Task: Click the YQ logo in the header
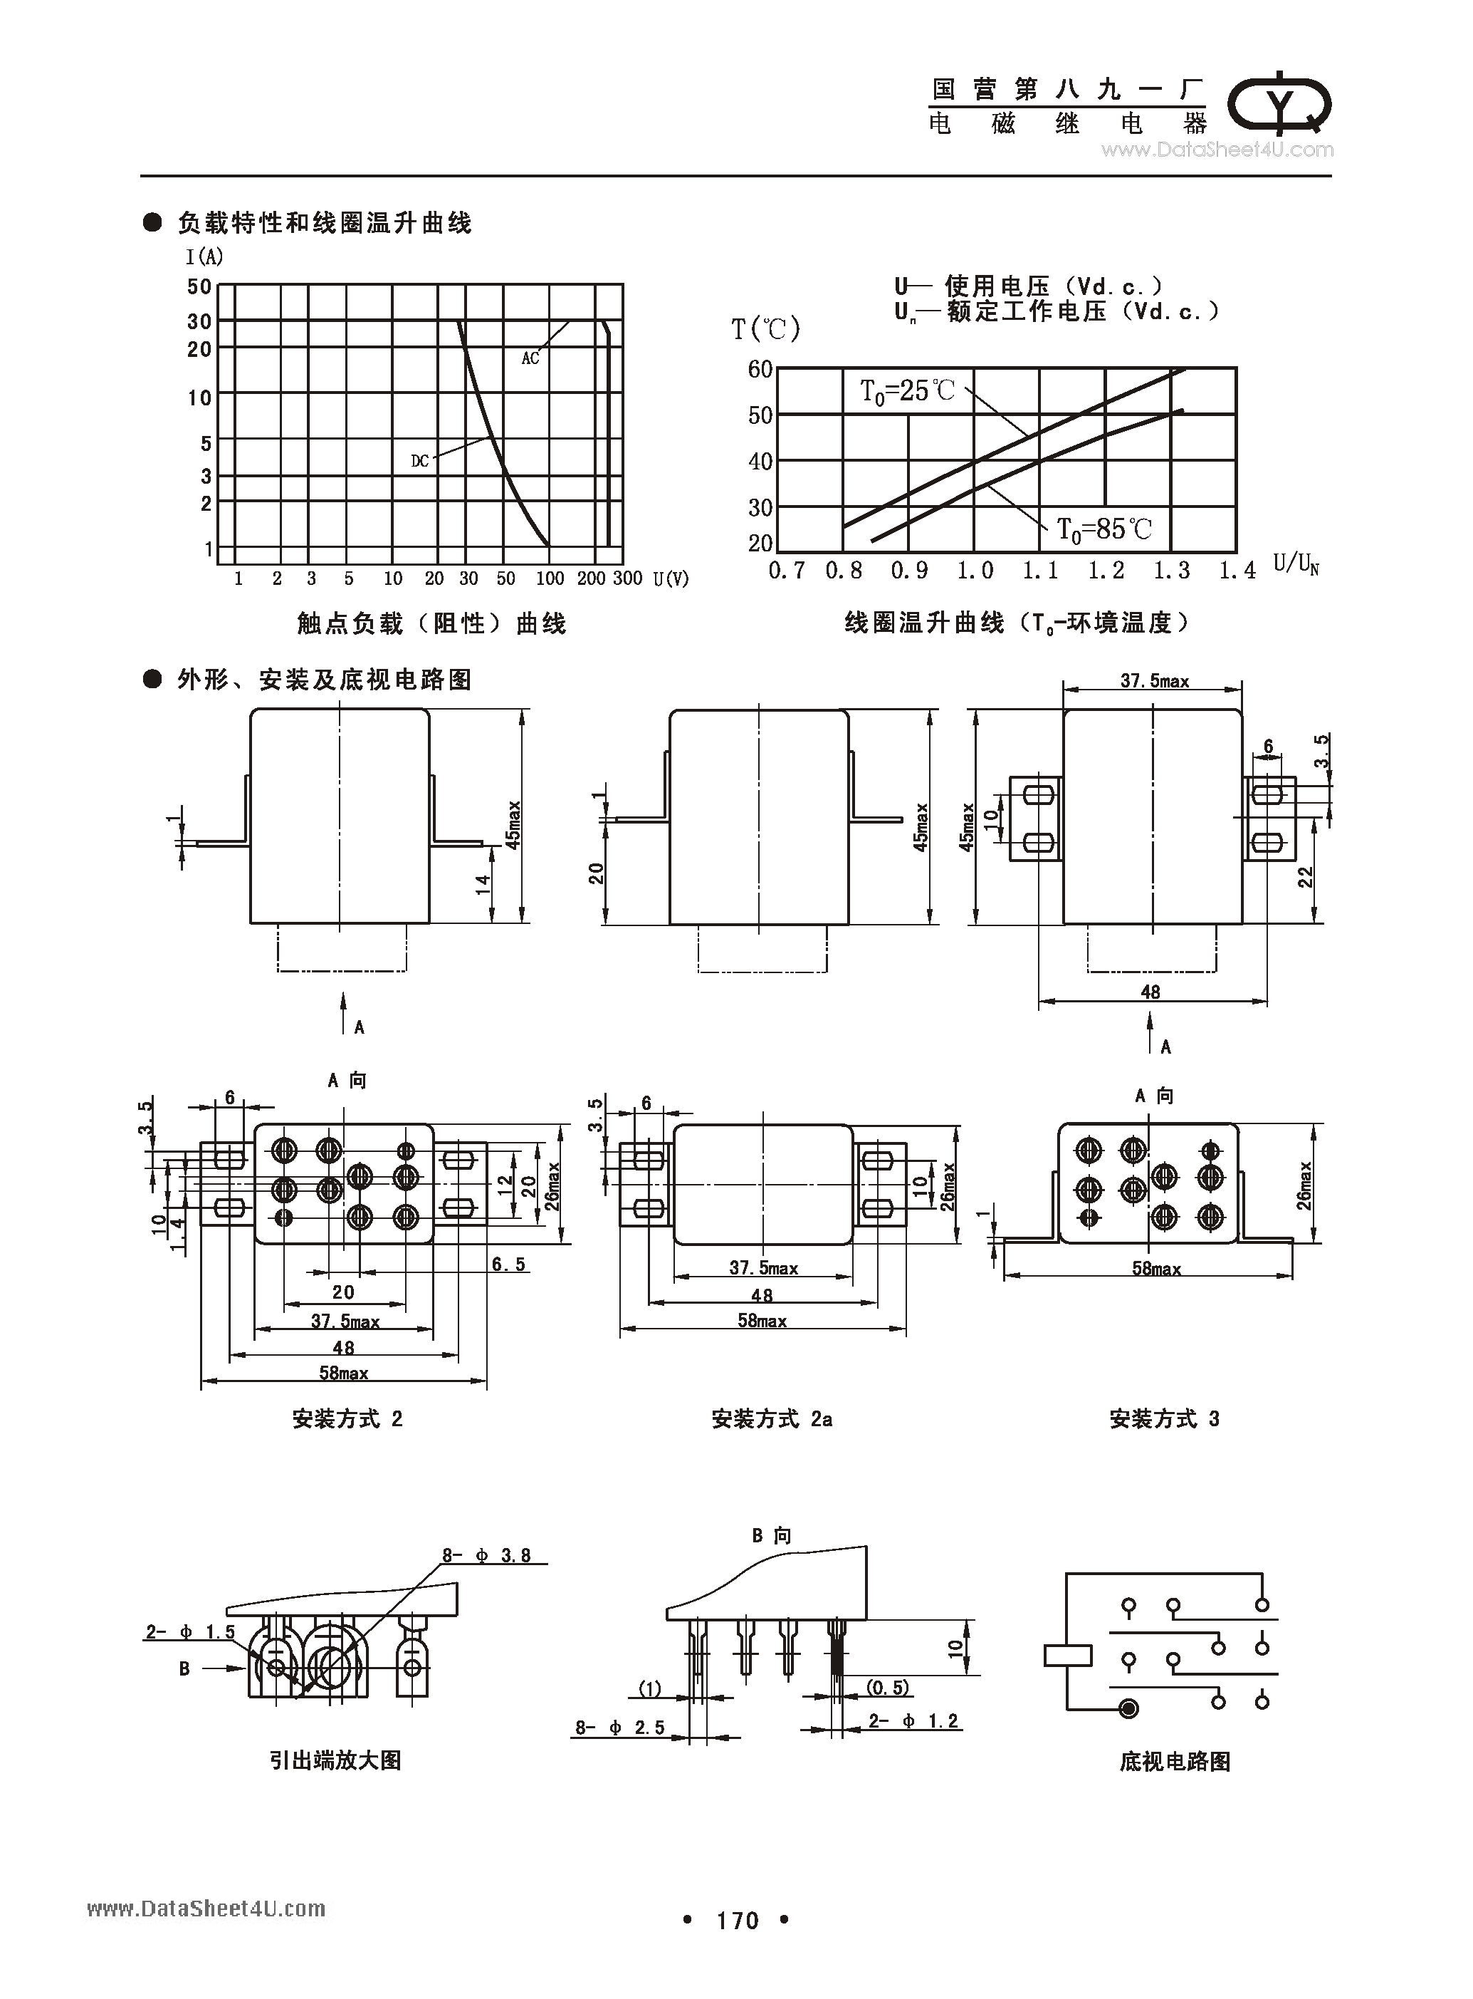tap(1280, 104)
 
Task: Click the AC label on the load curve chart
tap(530, 358)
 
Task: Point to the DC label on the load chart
tap(420, 461)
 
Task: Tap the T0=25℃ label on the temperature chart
tap(906, 390)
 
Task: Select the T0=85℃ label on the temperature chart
tap(1104, 530)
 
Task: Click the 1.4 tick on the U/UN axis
tap(1237, 571)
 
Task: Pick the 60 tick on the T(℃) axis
tap(760, 369)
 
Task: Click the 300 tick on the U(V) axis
tap(628, 578)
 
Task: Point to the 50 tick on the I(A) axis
tap(199, 287)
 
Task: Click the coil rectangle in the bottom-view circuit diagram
tap(1067, 1656)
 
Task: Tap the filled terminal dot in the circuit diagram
tap(1129, 1709)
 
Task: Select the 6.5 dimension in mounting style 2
tap(508, 1264)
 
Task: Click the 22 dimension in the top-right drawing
tap(1306, 878)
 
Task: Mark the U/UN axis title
tap(1296, 565)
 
